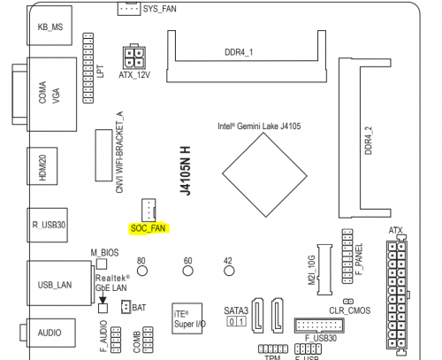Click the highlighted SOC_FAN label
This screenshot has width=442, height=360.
149,228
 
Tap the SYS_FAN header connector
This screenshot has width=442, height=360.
129,8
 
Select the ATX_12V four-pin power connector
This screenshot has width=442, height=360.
134,57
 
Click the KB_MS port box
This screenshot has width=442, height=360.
50,26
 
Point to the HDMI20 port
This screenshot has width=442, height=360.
42,166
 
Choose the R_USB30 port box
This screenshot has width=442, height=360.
48,225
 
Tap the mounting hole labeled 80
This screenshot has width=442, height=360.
142,271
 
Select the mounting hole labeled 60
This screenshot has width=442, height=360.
187,271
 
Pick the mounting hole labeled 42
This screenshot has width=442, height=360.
229,271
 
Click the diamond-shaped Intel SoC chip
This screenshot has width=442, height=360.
264,175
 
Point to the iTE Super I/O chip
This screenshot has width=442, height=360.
187,318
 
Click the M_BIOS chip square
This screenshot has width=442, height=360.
102,264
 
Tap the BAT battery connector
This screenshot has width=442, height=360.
126,307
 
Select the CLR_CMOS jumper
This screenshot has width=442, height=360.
348,302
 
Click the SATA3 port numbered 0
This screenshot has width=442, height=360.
232,321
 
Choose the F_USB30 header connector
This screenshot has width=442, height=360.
319,326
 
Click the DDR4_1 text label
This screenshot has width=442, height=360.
239,52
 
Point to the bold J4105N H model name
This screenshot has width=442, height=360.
186,171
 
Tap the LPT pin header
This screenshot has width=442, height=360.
88,68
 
